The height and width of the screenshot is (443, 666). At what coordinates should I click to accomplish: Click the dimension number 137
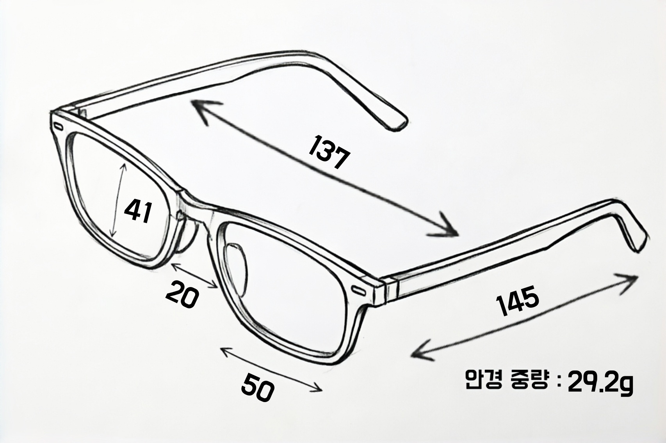pos(328,152)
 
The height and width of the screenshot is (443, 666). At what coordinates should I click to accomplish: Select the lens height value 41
pos(137,211)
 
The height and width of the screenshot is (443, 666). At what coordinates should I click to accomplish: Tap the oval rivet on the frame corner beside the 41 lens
pos(59,127)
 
